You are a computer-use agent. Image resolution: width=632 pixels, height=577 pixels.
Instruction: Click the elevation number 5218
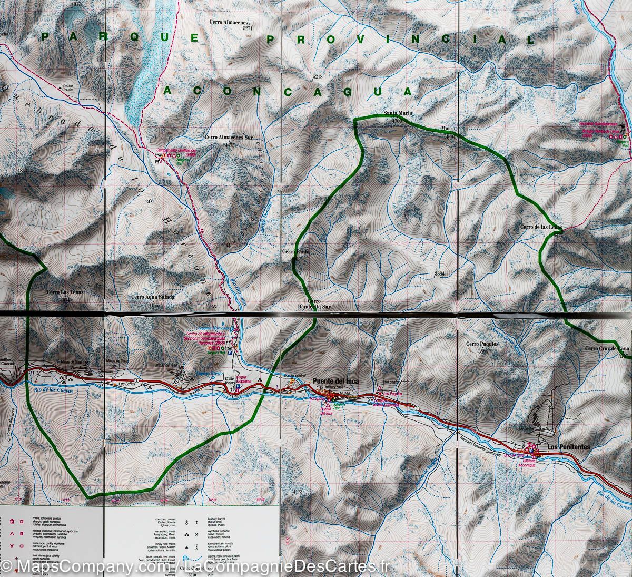317,77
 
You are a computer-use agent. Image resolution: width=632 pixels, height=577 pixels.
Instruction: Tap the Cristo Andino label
228,382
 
